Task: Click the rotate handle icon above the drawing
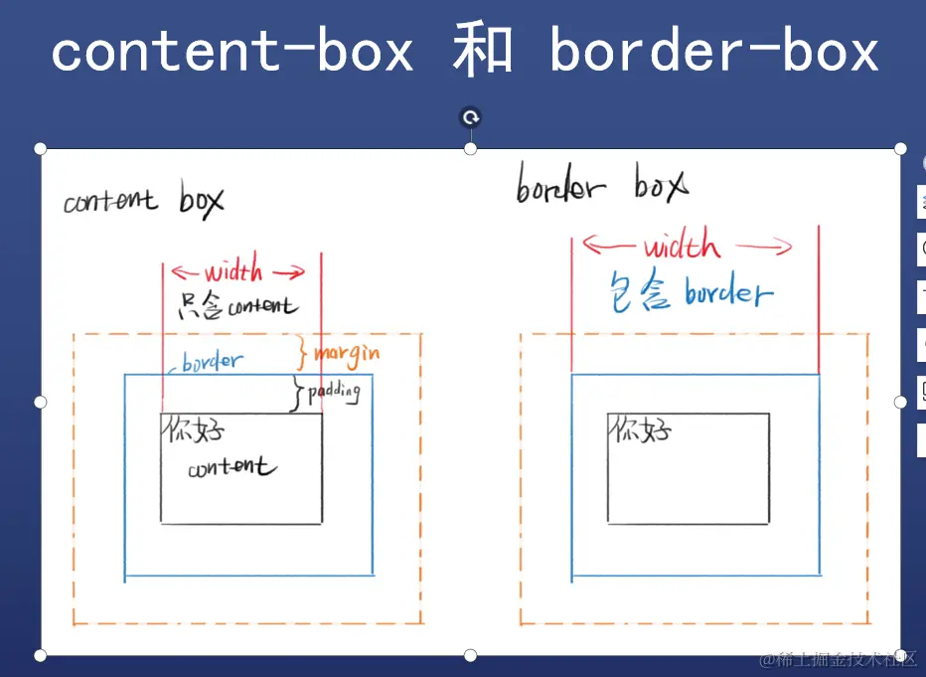(x=471, y=118)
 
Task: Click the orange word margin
(x=347, y=353)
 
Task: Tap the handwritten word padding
(x=333, y=392)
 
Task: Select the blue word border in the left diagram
(x=211, y=361)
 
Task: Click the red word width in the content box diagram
(x=234, y=271)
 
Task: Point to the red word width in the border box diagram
(x=682, y=246)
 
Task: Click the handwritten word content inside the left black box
(x=232, y=467)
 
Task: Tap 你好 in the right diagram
(x=641, y=430)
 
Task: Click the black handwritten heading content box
(x=144, y=201)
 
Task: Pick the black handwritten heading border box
(x=601, y=186)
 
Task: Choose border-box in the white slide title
(x=714, y=52)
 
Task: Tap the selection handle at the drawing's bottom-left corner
(x=41, y=655)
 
